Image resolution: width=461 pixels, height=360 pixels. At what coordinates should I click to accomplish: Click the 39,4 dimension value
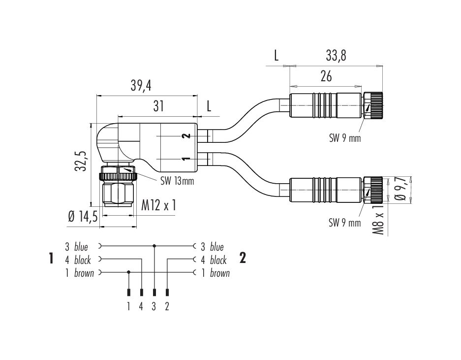tap(141, 85)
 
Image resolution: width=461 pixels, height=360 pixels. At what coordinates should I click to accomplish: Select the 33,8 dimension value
tap(336, 56)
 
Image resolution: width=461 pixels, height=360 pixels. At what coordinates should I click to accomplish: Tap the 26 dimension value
tap(326, 76)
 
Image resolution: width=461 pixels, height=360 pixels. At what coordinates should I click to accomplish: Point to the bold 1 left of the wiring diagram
tap(51, 259)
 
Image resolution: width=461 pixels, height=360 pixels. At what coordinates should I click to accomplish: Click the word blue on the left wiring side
tap(81, 247)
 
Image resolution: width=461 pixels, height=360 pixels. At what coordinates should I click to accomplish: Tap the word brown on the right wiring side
tap(219, 273)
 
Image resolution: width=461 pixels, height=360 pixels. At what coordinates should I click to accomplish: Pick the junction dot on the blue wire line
tap(154, 245)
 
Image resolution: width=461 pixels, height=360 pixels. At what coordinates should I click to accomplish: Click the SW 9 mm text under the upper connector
tap(344, 138)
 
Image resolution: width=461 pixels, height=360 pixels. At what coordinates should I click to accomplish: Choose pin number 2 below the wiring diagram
tap(167, 306)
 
